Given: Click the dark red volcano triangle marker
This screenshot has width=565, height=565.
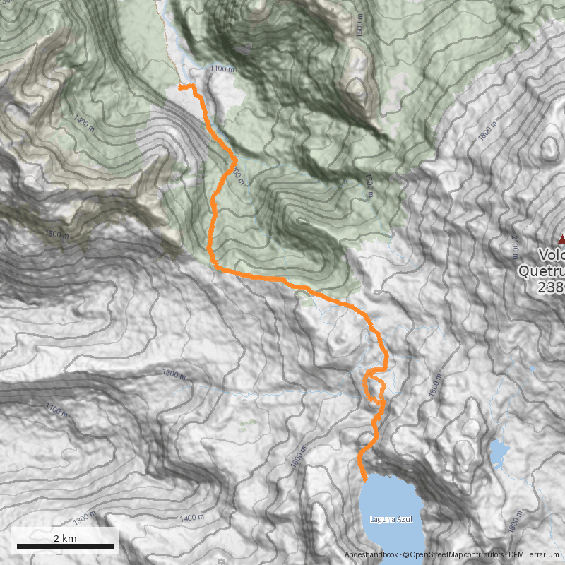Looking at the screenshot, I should click(x=561, y=239).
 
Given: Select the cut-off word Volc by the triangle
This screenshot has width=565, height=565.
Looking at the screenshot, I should click(x=551, y=255).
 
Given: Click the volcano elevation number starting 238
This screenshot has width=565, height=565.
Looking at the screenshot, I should click(x=551, y=287).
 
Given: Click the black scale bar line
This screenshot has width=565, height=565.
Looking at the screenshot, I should click(x=65, y=546).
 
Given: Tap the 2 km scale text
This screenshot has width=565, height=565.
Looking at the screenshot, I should click(x=65, y=537).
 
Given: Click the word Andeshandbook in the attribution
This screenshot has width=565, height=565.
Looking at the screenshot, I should click(x=371, y=555).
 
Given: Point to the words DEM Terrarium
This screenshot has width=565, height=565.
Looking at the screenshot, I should click(x=535, y=555).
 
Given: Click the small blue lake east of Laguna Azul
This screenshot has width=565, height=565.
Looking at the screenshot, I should click(x=499, y=452).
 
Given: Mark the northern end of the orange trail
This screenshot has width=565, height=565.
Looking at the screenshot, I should click(x=179, y=87).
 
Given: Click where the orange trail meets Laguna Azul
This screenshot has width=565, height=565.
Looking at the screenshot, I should click(x=365, y=480).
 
